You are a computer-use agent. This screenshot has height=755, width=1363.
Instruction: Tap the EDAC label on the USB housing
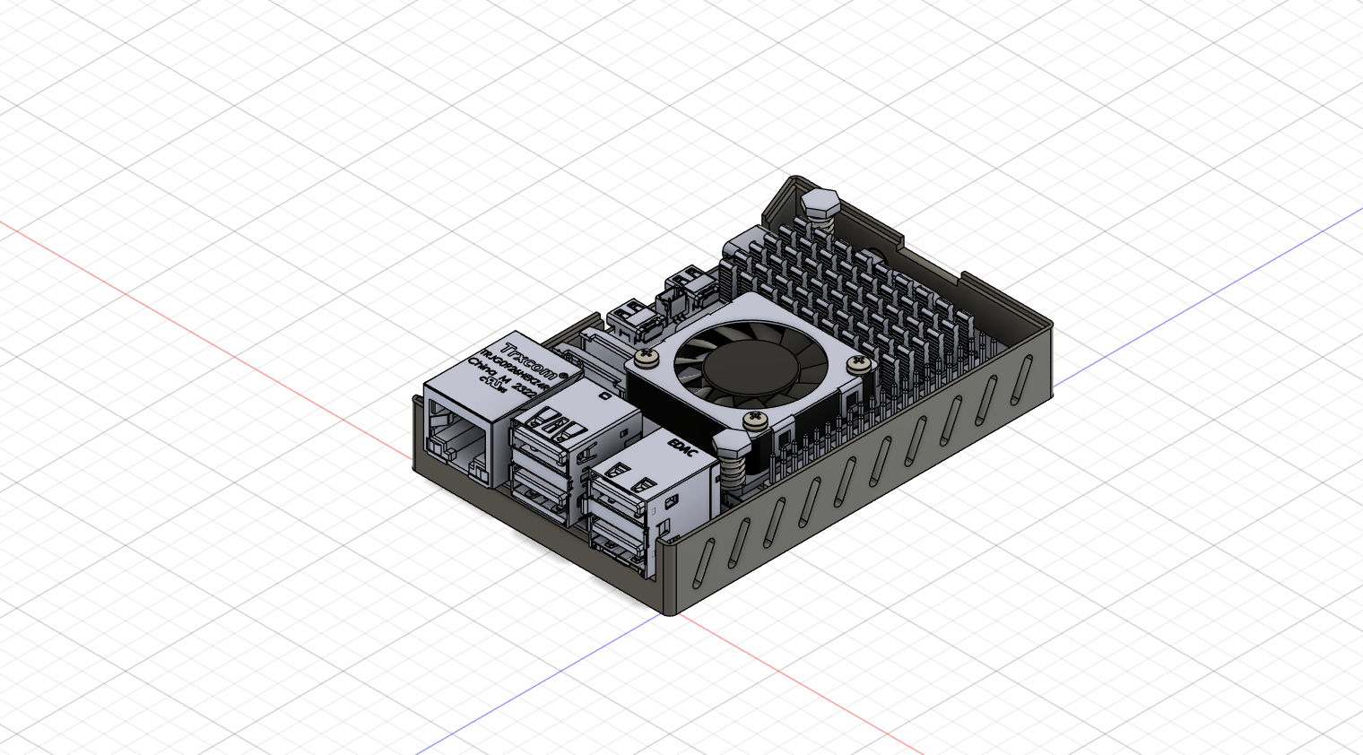(x=682, y=445)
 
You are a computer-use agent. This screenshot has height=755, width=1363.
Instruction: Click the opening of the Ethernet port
(x=458, y=440)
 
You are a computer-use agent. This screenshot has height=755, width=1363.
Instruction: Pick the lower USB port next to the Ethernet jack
(x=541, y=488)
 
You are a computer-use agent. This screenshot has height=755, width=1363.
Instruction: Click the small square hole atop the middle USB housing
(x=607, y=395)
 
